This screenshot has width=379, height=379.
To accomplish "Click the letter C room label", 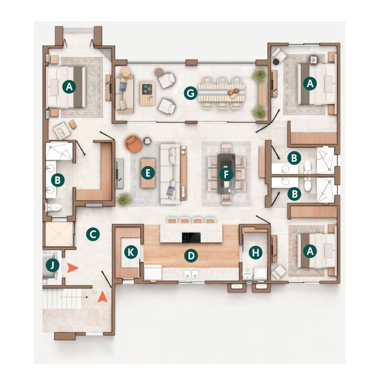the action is point(93,234).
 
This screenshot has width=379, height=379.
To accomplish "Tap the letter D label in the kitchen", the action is point(191,256).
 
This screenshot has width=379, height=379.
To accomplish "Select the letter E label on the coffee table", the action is point(148,173).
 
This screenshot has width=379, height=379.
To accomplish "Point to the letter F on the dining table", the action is point(226,175).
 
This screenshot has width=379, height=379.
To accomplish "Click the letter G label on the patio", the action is point(191,93).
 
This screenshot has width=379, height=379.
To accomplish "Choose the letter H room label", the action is point(255,253).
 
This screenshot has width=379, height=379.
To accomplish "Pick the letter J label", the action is point(53,265).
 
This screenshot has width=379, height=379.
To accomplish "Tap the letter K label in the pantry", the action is point(131,252).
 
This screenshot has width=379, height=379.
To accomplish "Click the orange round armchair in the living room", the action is point(133,144).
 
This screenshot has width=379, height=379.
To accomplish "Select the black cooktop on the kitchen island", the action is point(191,237).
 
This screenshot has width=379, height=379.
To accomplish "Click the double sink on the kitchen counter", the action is point(191,274).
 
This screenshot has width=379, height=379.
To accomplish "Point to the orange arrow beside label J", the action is point(73,268).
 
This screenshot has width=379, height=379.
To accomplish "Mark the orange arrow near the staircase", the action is point(103,297).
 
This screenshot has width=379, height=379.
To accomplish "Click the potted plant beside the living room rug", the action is point(124,199).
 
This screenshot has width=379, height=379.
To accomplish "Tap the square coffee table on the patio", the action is point(147,93).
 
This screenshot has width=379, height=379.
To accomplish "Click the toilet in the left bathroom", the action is point(53,207).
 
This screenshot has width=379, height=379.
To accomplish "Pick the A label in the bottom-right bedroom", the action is point(310,251).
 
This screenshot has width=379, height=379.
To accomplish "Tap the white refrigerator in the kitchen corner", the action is point(153,272).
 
